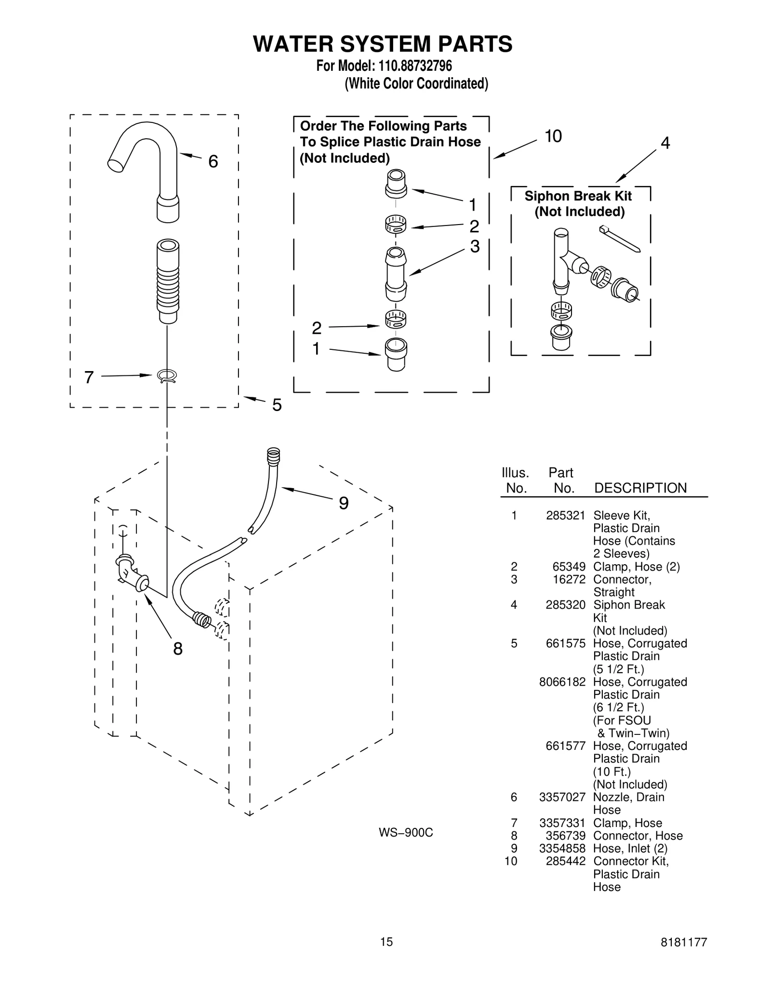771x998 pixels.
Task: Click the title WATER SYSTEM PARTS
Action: (383, 44)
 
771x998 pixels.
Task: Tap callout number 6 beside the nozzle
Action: (213, 161)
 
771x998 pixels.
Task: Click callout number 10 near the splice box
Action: (553, 136)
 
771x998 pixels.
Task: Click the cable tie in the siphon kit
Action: (620, 239)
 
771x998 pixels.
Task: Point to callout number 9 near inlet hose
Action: (344, 503)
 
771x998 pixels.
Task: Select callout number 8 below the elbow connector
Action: (178, 649)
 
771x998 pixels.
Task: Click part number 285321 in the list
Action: (565, 516)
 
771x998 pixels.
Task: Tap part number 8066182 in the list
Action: (562, 682)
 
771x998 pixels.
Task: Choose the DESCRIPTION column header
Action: (640, 488)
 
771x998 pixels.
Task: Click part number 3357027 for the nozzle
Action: (562, 797)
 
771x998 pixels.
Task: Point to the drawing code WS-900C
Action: (406, 833)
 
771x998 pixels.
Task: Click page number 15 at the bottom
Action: (386, 942)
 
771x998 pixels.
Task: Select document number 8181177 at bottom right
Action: (684, 942)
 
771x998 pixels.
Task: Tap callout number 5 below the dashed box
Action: (277, 405)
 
